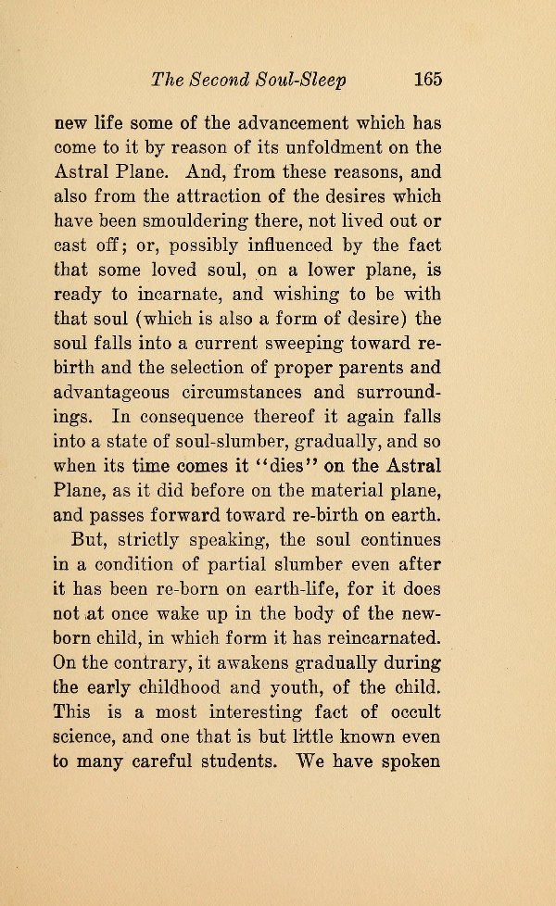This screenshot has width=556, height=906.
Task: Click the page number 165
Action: tap(428, 79)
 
